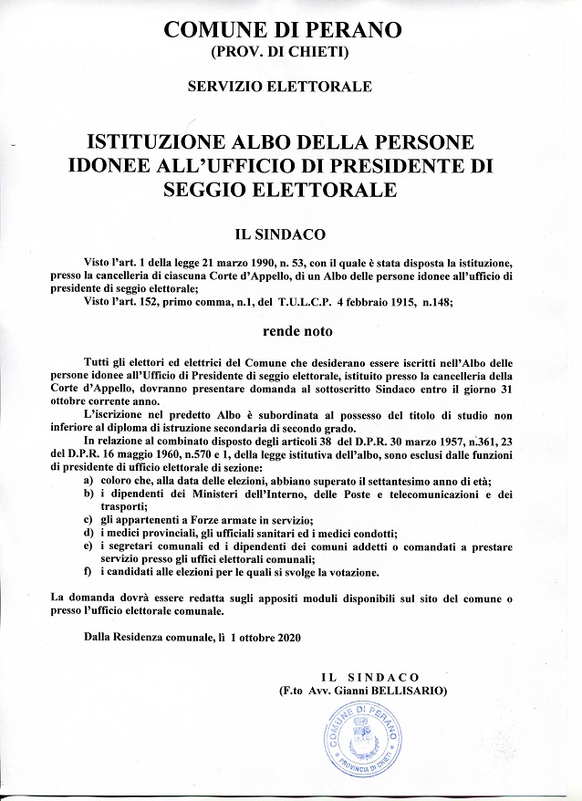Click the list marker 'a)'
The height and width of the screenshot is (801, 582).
point(88,480)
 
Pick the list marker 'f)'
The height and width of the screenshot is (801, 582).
point(88,572)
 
